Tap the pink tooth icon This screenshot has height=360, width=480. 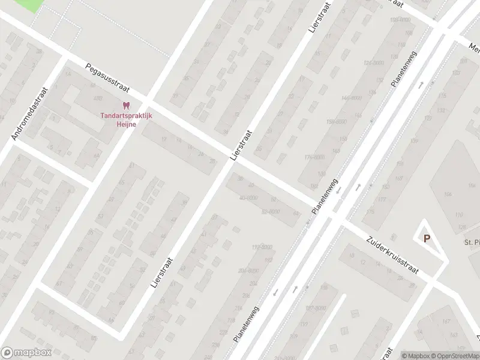[125, 106]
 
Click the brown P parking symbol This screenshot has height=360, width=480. [427, 238]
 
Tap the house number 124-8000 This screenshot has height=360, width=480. [373, 63]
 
